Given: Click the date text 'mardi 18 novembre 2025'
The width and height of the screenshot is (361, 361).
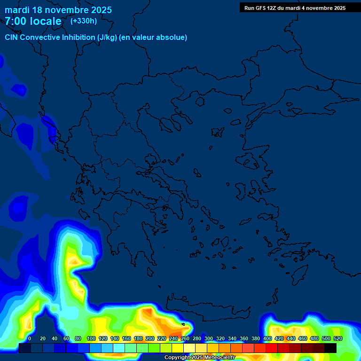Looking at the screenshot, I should click(x=58, y=10).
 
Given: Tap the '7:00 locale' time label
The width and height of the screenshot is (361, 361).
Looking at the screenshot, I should click(x=33, y=21).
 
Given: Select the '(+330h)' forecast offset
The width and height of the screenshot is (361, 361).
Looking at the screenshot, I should click(x=84, y=21).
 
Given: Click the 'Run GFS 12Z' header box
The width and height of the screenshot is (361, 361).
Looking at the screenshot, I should click(x=295, y=8).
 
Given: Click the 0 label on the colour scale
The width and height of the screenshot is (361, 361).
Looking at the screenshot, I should click(x=30, y=338).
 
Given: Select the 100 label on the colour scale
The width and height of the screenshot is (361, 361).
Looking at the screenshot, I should click(x=91, y=338).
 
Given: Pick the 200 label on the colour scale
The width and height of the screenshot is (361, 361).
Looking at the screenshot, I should click(x=150, y=338).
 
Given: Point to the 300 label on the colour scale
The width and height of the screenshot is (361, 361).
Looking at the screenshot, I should click(x=209, y=338).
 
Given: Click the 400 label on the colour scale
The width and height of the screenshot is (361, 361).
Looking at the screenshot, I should click(x=267, y=338).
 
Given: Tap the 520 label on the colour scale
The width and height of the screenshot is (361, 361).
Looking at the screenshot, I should click(x=337, y=338).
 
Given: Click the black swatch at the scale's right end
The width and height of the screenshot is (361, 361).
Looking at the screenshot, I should click(x=330, y=348).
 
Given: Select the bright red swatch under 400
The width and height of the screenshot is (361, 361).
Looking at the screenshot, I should click(x=271, y=348).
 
